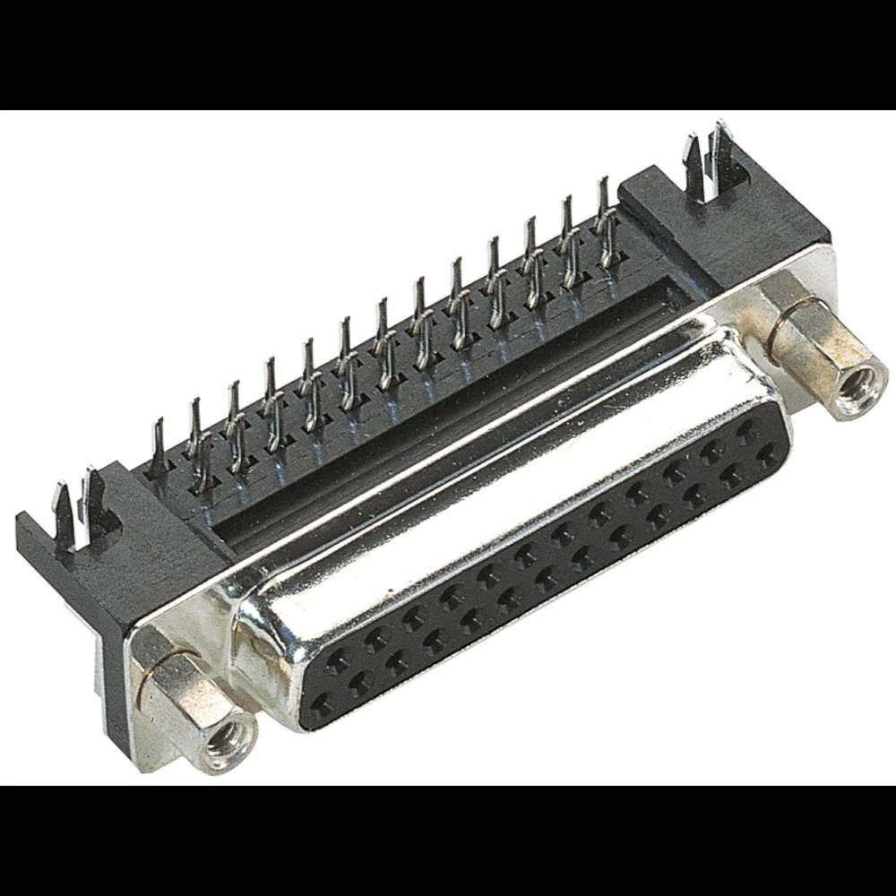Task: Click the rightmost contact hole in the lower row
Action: click(766, 456)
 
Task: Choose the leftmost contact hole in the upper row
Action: click(338, 663)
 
